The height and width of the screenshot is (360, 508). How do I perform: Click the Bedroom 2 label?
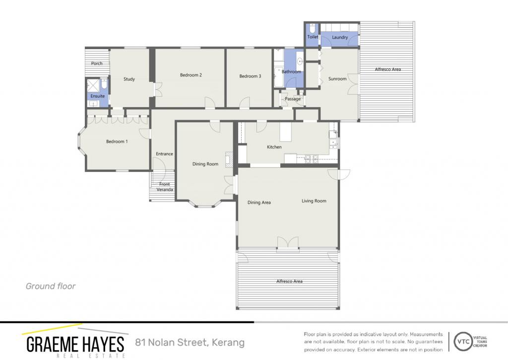(191, 75)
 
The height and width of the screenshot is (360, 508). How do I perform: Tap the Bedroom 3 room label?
(250, 76)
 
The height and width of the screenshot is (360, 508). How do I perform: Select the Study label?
(129, 79)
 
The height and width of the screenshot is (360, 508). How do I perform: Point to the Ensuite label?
(98, 96)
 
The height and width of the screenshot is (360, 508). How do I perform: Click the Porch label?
(97, 63)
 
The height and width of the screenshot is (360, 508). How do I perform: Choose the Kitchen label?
(274, 147)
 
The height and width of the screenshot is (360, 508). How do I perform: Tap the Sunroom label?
(337, 79)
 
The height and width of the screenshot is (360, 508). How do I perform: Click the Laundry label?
(340, 37)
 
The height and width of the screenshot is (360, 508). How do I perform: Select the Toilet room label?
(313, 37)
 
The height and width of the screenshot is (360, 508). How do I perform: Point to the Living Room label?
(314, 201)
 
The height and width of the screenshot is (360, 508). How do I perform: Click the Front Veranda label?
(165, 187)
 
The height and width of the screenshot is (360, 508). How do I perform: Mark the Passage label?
(293, 99)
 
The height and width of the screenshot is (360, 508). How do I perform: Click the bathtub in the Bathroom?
(278, 77)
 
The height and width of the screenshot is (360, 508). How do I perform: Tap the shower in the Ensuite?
(94, 85)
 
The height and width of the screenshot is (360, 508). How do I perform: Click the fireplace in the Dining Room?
(229, 159)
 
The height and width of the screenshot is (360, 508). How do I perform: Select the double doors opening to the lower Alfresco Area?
(288, 243)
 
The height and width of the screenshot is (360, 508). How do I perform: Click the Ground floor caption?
(51, 286)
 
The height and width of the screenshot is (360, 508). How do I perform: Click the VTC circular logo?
(463, 341)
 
